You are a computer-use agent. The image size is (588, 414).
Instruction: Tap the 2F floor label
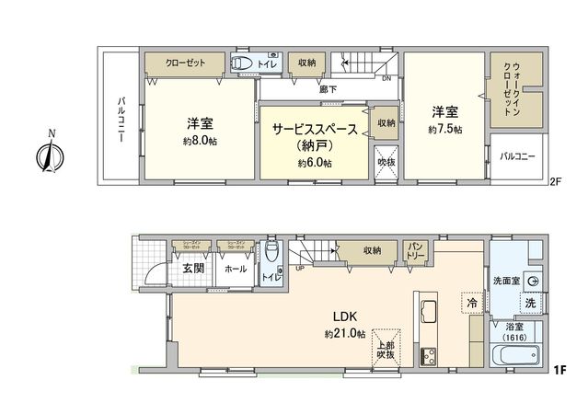[554, 182]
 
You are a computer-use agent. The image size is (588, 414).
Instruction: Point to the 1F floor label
[559, 370]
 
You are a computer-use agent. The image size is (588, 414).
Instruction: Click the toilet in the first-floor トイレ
[270, 252]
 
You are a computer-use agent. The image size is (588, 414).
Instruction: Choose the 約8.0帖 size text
[200, 142]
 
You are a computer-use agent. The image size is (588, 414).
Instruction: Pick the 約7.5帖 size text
[444, 131]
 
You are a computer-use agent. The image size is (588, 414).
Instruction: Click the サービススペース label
[315, 130]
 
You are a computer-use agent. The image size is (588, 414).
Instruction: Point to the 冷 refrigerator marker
[471, 301]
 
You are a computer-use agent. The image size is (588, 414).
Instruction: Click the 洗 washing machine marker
[531, 304]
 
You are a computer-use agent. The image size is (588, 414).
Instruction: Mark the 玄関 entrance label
[193, 269]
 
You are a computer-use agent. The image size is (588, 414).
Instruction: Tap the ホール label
[235, 269]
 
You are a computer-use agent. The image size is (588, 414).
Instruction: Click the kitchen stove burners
[430, 355]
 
